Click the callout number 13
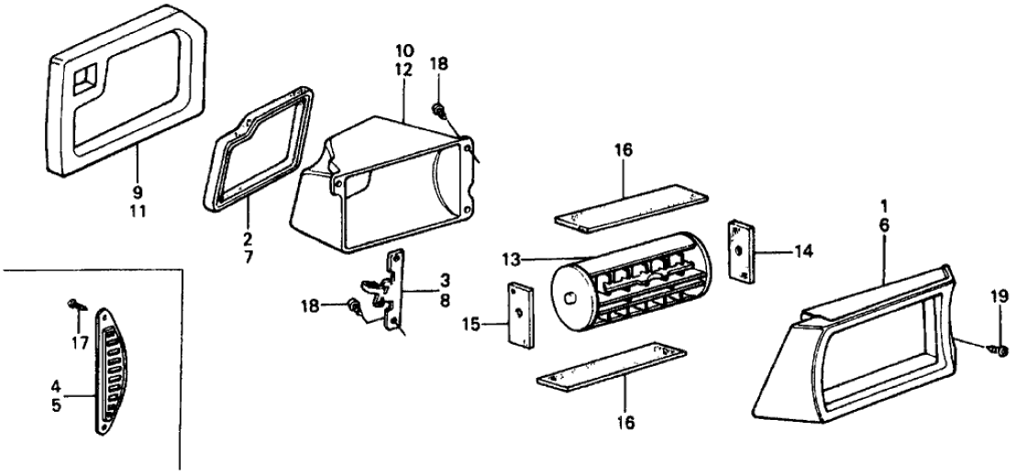click(514, 259)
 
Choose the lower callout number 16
click(624, 423)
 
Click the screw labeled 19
click(997, 350)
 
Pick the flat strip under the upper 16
click(632, 207)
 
